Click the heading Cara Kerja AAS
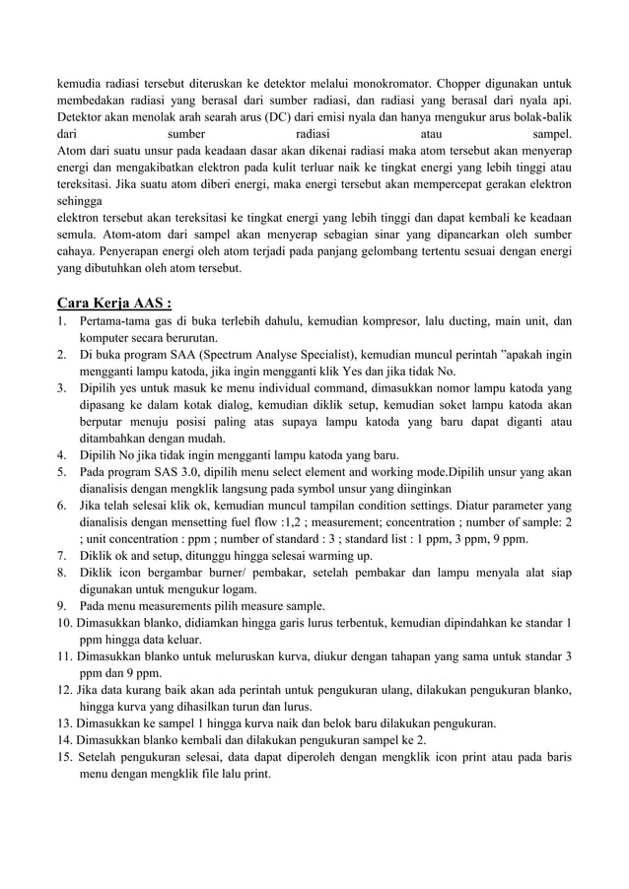click(x=115, y=302)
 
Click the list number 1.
click(x=61, y=321)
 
